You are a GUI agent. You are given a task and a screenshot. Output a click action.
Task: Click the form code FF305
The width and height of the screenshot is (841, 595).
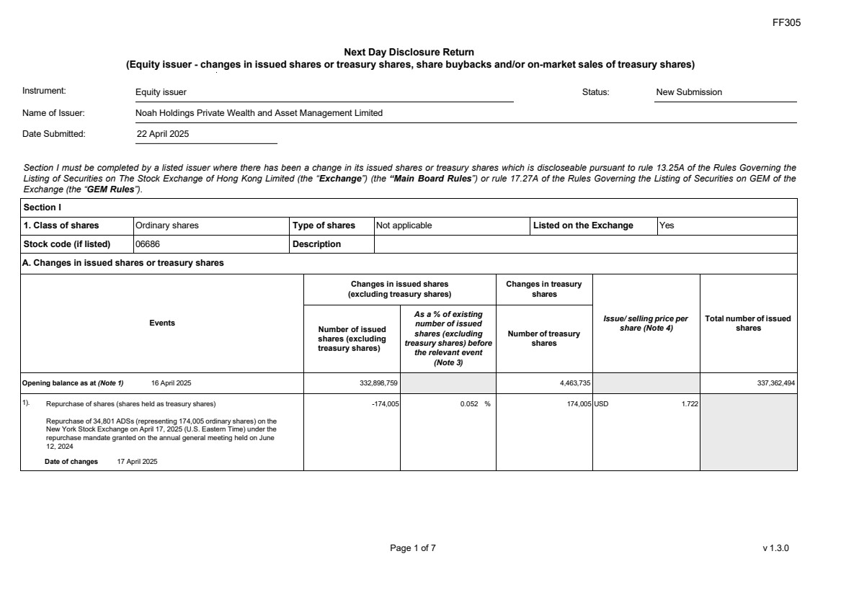click(786, 22)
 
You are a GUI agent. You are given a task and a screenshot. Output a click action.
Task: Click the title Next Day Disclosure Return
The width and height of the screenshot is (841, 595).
click(409, 52)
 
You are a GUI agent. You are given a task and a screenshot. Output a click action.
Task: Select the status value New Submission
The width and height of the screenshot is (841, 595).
click(688, 92)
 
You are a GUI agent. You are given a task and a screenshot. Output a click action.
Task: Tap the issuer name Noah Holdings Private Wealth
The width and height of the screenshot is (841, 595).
click(259, 113)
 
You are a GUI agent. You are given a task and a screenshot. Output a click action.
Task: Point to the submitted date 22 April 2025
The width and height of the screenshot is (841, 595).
click(163, 134)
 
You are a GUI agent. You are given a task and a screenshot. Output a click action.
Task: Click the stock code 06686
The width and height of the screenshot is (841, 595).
click(148, 244)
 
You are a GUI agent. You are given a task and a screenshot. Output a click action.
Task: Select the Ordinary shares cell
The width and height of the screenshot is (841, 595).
click(167, 225)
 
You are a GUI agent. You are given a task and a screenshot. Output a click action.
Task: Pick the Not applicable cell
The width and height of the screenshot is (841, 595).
click(404, 225)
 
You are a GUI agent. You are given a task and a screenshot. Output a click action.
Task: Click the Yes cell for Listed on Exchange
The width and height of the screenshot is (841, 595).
click(667, 225)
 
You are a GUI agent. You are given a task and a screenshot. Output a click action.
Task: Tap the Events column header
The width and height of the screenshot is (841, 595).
click(161, 323)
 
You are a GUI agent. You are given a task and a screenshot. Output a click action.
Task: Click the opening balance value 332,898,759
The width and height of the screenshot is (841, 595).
click(378, 383)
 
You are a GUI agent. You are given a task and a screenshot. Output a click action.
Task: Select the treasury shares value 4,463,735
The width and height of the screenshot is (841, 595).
click(575, 383)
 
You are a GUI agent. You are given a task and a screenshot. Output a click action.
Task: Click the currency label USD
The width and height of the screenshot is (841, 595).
click(601, 404)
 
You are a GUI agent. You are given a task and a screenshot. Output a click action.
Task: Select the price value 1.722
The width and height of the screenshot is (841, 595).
click(690, 404)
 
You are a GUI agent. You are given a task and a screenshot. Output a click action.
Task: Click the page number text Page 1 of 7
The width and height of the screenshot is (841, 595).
click(412, 548)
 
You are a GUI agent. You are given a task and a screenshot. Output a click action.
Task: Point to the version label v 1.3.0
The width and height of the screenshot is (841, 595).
click(775, 548)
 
